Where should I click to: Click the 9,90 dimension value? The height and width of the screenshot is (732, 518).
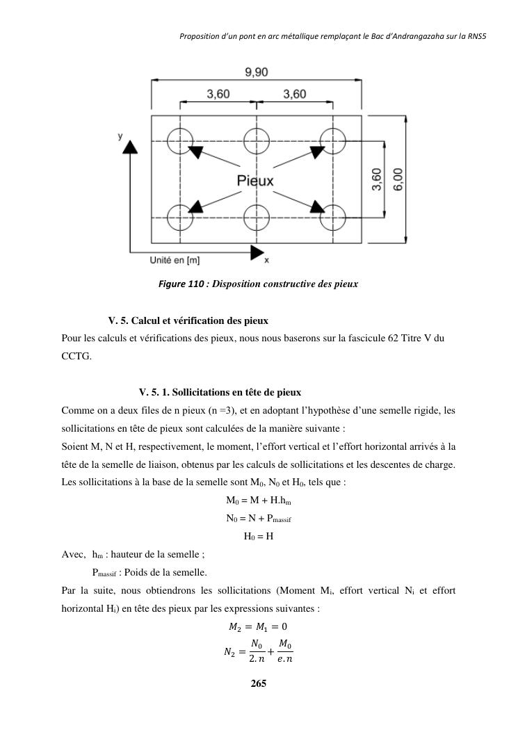tap(257, 72)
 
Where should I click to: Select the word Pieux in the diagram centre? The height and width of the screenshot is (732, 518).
tap(255, 181)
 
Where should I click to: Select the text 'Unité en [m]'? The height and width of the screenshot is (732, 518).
tap(175, 260)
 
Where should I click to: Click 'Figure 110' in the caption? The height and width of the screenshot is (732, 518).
tap(182, 284)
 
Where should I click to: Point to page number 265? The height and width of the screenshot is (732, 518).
tap(259, 683)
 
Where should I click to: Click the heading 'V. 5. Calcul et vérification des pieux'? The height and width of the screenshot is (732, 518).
tap(188, 320)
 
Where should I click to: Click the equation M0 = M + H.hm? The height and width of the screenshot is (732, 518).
tap(258, 501)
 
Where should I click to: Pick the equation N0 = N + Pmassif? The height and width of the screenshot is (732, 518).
tap(258, 519)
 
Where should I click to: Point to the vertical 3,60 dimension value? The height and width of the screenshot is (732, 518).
tap(376, 179)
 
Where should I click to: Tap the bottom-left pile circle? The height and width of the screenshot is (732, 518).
tap(180, 218)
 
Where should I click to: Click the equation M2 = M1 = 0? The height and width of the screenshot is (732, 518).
tap(258, 627)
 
